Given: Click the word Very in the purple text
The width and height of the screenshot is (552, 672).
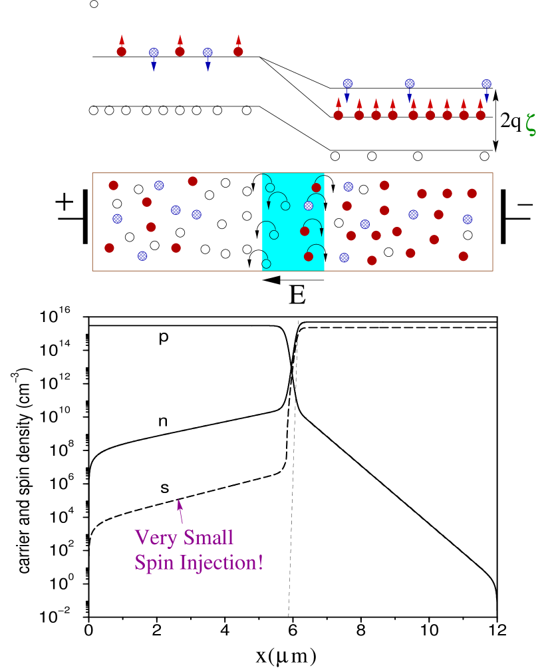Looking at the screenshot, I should [x=156, y=537].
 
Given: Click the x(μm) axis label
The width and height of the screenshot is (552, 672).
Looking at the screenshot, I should [x=287, y=656].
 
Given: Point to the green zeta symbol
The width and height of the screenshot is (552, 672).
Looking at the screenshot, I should [x=531, y=124].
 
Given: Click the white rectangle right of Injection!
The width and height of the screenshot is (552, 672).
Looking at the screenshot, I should [x=388, y=564].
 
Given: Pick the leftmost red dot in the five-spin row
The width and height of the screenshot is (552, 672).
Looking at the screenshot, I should [x=122, y=51].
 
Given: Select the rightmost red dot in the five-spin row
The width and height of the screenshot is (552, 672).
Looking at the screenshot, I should [x=238, y=51].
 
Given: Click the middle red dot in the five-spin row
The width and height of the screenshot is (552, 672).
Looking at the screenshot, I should [x=180, y=51].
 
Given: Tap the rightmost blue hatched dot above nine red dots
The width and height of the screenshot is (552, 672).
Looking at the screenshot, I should [x=486, y=84].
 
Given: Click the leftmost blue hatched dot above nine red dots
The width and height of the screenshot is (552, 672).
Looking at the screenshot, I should [x=347, y=83].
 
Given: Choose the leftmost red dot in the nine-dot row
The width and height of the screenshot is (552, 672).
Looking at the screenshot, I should [x=338, y=115].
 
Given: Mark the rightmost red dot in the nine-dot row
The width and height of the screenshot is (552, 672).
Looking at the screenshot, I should [x=480, y=115].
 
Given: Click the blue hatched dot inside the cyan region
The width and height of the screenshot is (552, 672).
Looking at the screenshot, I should [x=309, y=206].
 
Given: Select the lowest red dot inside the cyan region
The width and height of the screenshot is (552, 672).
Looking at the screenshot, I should [x=309, y=256].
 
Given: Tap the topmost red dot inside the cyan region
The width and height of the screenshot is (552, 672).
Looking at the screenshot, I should [x=317, y=188].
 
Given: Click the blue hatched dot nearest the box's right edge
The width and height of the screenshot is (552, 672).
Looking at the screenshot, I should [x=468, y=219].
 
